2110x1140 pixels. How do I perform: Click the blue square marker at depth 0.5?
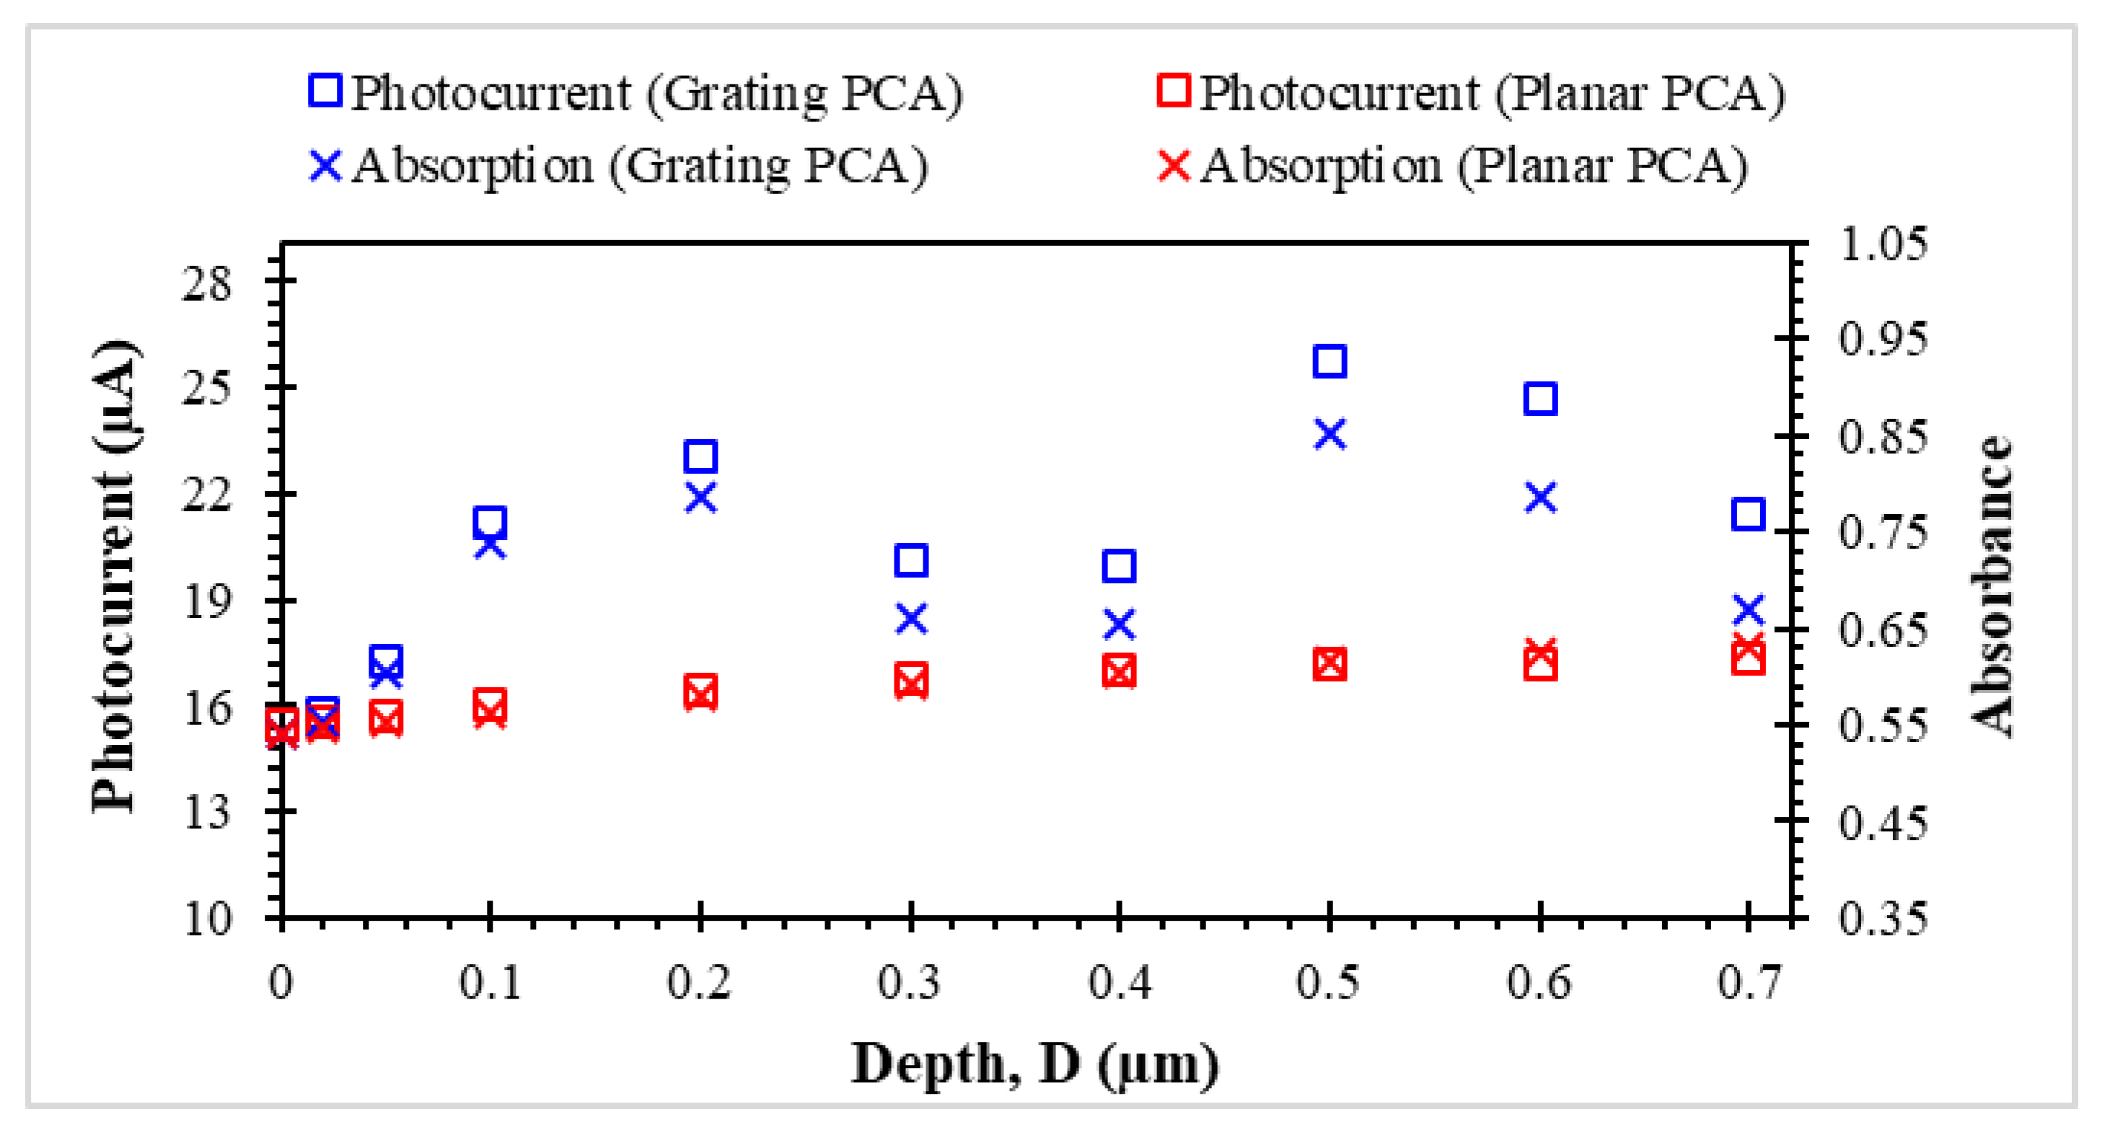click(x=1329, y=361)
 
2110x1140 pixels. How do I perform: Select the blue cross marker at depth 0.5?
click(x=1329, y=434)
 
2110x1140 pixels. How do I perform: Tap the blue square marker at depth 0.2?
click(x=700, y=456)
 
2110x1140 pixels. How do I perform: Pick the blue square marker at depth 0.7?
click(x=1748, y=514)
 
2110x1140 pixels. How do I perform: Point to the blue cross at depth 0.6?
click(x=1540, y=497)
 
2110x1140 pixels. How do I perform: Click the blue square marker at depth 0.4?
click(x=1119, y=566)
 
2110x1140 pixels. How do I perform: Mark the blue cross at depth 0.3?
click(x=911, y=619)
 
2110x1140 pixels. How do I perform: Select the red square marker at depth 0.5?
click(x=1329, y=663)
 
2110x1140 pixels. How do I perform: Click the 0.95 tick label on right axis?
click(x=1882, y=339)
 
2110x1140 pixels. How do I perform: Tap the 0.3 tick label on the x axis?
click(x=909, y=982)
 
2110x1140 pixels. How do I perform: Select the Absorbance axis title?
click(x=1990, y=586)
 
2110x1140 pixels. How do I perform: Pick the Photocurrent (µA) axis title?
click(x=113, y=578)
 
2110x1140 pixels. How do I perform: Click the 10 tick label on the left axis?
click(x=206, y=919)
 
